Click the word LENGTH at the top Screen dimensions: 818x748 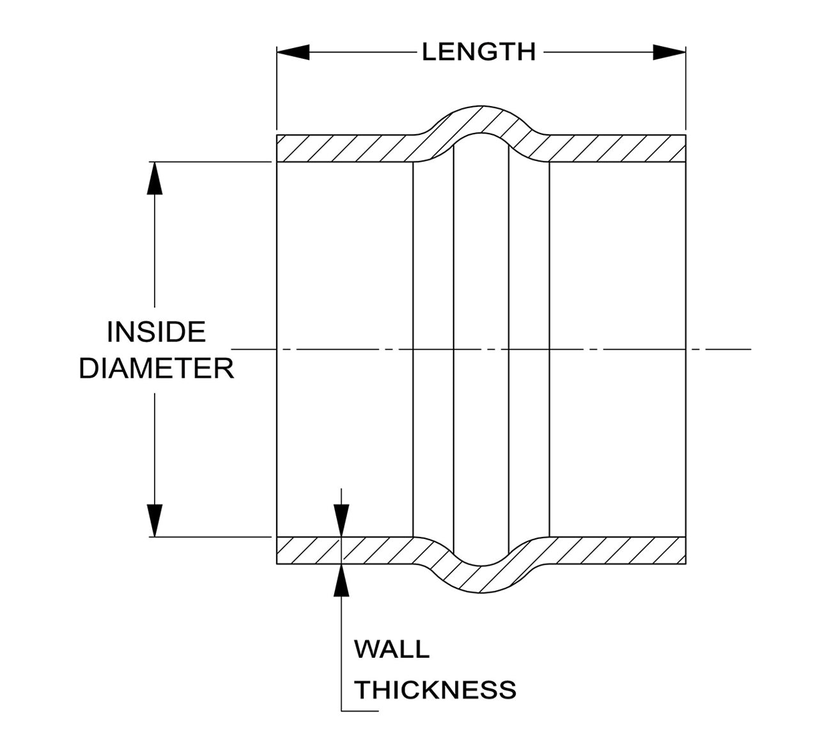pos(478,52)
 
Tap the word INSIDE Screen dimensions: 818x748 pos(156,332)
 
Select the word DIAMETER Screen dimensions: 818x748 pos(156,368)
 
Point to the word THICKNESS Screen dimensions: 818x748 pos(435,689)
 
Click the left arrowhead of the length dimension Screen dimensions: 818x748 pos(293,52)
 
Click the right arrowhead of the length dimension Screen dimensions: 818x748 pos(669,52)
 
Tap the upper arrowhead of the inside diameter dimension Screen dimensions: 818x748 pos(155,178)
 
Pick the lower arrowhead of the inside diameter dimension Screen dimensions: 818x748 pos(155,520)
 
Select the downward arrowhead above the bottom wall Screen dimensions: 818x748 pos(341,520)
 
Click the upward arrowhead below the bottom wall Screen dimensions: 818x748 pos(341,580)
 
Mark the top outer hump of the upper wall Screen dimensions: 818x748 pos(481,106)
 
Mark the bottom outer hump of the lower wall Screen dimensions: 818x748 pos(481,592)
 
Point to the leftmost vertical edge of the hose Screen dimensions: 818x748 pos(277,349)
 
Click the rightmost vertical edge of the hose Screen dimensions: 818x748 pos(686,349)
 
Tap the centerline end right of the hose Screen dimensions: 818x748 pos(751,349)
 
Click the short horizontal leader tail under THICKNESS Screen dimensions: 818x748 pos(360,712)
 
